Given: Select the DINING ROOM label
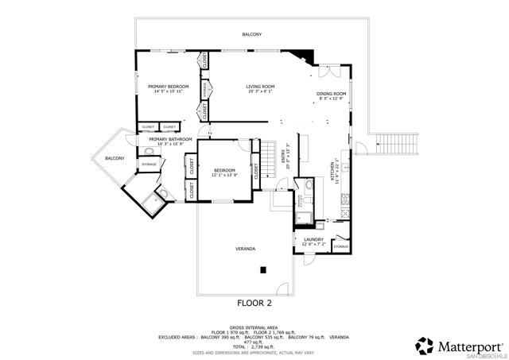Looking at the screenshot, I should pos(330,94).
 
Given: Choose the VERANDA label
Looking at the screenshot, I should pos(245,250).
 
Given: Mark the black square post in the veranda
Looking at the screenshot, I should pos(262,271).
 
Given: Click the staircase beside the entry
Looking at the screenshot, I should pos(270,150).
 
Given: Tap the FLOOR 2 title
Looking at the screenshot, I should pos(254,303).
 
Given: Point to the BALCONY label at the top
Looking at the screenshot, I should pos(252,34).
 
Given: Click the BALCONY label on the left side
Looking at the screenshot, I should pos(115,158).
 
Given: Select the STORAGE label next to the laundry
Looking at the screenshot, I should pos(340,247).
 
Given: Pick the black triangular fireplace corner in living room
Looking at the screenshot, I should pos(302,58).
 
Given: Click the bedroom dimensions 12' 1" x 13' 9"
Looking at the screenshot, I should pos(224,175).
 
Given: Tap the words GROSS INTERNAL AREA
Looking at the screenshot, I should pos(254,327).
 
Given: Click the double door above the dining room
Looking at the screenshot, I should pos(331,72).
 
